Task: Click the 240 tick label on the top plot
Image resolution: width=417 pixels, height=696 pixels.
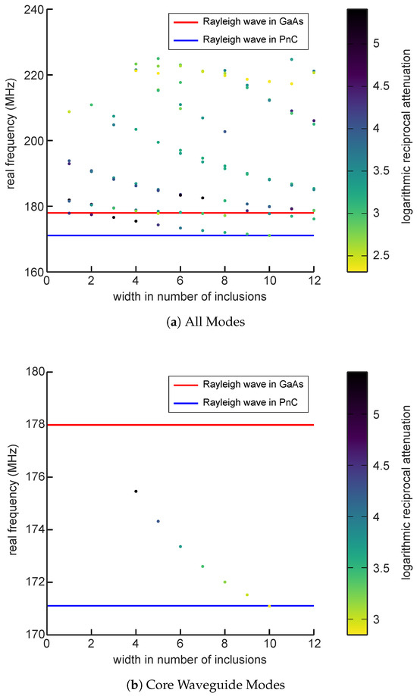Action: (x=32, y=10)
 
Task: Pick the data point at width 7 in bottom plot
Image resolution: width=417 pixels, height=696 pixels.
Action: (x=202, y=566)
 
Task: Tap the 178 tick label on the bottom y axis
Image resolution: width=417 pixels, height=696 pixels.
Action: (x=32, y=425)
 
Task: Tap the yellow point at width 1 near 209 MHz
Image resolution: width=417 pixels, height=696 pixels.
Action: (x=69, y=111)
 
